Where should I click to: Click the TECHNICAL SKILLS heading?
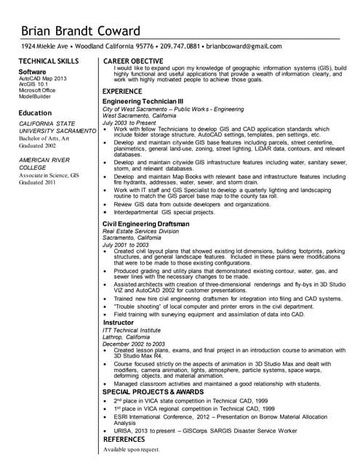[x=48, y=61]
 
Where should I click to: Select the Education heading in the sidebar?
[x=35, y=113]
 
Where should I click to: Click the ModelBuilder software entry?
[x=36, y=96]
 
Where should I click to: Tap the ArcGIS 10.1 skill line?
[x=33, y=84]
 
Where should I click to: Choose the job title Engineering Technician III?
[x=143, y=101]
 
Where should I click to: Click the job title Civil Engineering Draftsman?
[x=145, y=224]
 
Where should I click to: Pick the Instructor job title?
[x=119, y=322]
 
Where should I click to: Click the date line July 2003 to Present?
[x=130, y=123]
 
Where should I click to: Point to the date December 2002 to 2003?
[x=134, y=344]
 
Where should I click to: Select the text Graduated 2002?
[x=38, y=145]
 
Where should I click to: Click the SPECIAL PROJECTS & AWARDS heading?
[x=153, y=392]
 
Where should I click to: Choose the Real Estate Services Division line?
[x=140, y=231]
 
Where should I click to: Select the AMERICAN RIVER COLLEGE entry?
[x=44, y=163]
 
